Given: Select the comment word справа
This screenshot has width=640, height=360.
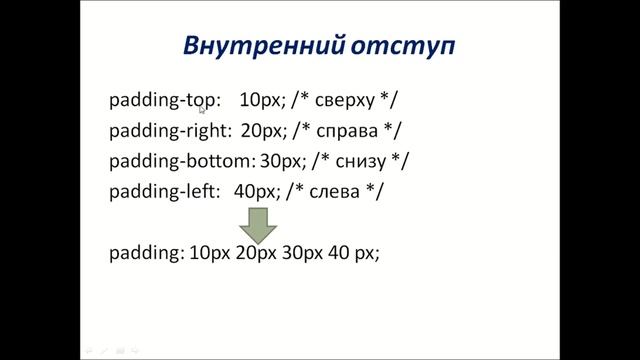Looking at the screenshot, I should point(346,130).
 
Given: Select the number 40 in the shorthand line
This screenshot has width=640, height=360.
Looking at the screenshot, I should point(338,254).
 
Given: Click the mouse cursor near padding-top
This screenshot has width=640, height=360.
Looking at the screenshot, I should point(202,109).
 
